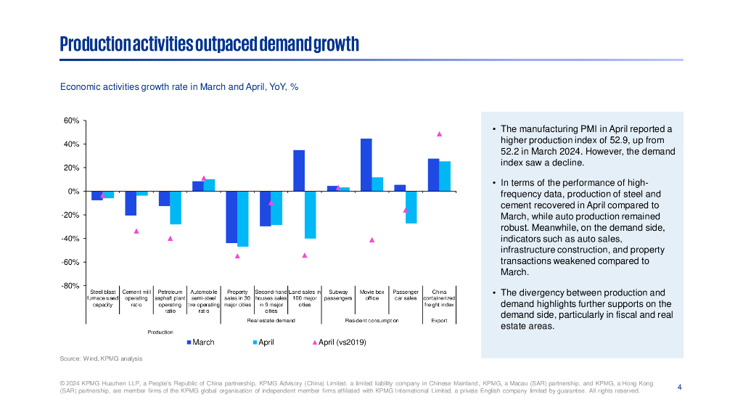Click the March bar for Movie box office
tap(366, 165)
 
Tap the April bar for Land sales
tap(310, 215)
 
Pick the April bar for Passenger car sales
tap(411, 207)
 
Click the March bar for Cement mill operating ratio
tap(131, 203)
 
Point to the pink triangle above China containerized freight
tap(439, 134)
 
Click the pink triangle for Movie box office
tap(371, 240)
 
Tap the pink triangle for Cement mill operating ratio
tap(136, 231)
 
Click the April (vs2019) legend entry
tap(339, 342)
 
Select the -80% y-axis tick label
tap(70, 286)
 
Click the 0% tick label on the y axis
tap(73, 192)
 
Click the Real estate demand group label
tap(271, 319)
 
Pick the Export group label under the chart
tap(439, 319)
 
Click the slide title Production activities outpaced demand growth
tap(209, 44)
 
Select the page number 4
tap(679, 387)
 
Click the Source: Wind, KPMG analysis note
tap(101, 358)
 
